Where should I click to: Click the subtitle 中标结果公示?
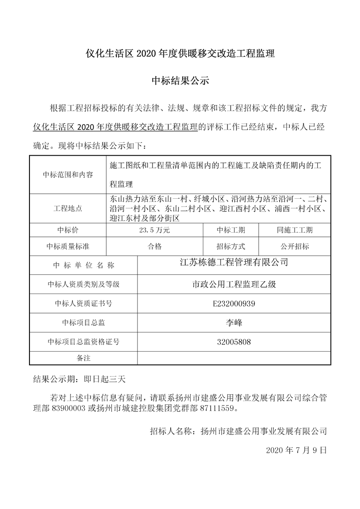click(x=180, y=82)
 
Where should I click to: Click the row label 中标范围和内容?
click(x=68, y=175)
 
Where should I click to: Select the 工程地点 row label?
click(x=68, y=209)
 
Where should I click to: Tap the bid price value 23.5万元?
click(x=155, y=230)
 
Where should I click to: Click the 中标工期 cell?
click(x=231, y=230)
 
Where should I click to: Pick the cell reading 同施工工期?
click(x=294, y=230)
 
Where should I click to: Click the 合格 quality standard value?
click(x=155, y=247)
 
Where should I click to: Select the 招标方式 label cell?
click(x=231, y=247)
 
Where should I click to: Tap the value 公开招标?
click(x=294, y=247)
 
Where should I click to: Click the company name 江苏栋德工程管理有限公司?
click(x=234, y=263)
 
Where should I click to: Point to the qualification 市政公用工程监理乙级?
click(x=234, y=285)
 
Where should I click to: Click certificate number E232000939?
click(x=234, y=304)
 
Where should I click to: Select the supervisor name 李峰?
click(x=234, y=323)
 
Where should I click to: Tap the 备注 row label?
click(x=84, y=358)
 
